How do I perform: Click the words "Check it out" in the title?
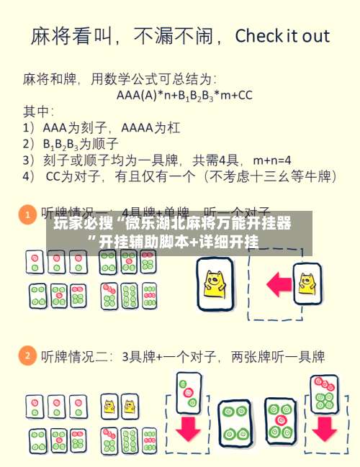tap(282, 36)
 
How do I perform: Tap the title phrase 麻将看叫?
tap(68, 37)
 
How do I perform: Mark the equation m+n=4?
tap(269, 159)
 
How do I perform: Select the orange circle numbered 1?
tap(26, 214)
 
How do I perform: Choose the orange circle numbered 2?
tap(26, 355)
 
